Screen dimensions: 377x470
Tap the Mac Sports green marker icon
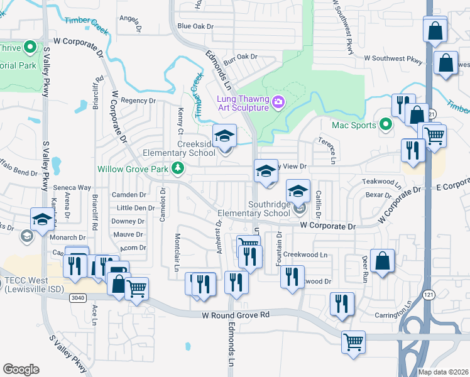pos(386,125)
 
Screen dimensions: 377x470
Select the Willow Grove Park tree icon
pos(178,168)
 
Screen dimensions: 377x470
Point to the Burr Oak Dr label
pos(242,57)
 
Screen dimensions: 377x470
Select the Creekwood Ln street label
pos(305,254)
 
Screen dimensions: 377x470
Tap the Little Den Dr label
pos(136,208)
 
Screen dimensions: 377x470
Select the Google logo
pos(21,369)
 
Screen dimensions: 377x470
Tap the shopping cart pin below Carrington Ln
pos(353,342)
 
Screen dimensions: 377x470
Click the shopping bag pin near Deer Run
pos(382,260)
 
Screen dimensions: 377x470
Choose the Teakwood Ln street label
pos(382,182)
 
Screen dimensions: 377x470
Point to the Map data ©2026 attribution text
pos(442,371)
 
